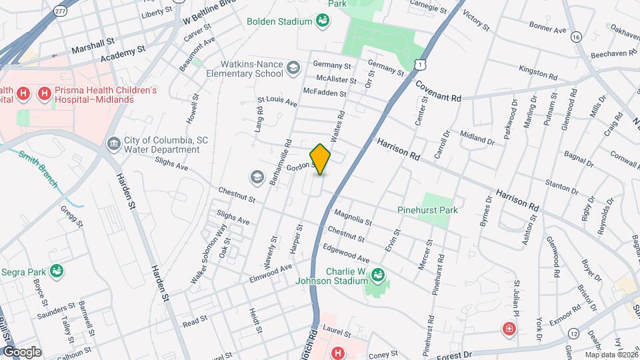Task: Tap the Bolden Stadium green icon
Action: click(x=323, y=21)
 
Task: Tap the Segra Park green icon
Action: click(x=57, y=271)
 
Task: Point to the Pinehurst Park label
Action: click(x=427, y=210)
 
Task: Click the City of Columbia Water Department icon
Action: click(x=113, y=144)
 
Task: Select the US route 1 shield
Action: click(x=419, y=64)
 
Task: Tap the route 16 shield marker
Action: click(x=576, y=38)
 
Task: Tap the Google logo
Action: click(x=22, y=351)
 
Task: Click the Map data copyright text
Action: click(x=611, y=355)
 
